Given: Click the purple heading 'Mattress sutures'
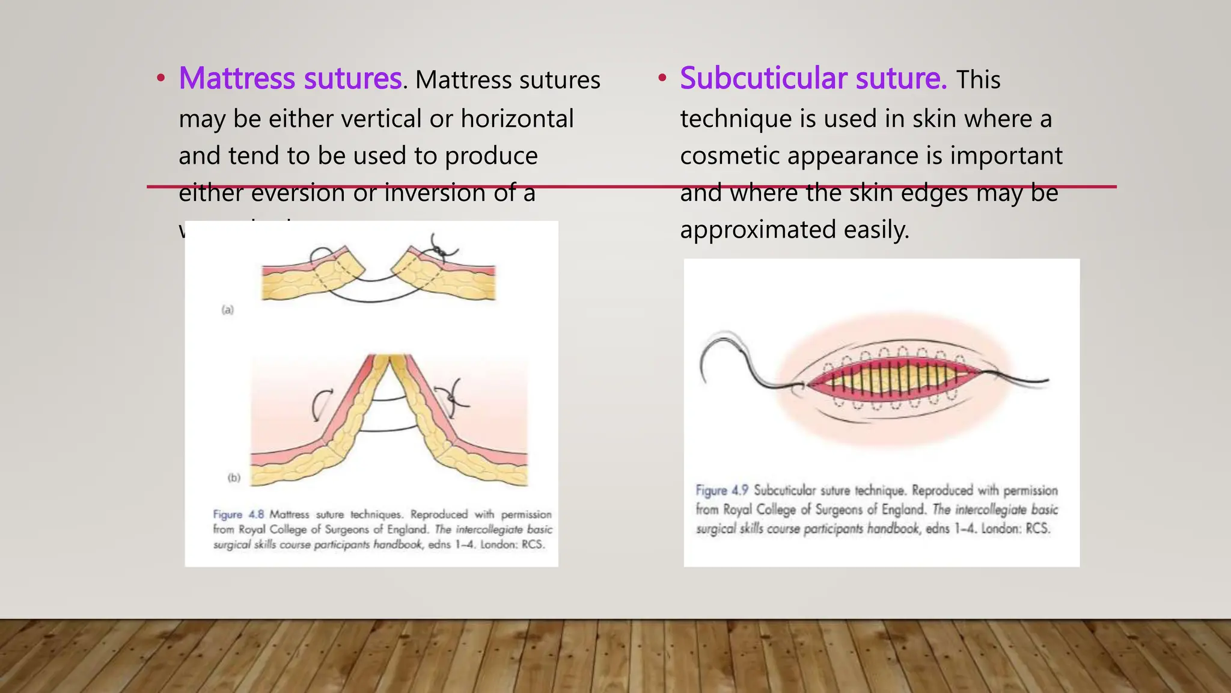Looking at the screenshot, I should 290,79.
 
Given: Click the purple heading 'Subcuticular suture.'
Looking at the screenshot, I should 813,79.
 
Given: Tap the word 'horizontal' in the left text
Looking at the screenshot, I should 517,119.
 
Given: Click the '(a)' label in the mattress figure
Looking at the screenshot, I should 227,310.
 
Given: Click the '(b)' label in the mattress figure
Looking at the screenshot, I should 234,478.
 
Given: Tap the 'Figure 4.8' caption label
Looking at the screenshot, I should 238,514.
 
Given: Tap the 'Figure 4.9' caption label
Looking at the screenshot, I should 721,490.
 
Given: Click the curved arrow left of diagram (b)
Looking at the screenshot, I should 320,403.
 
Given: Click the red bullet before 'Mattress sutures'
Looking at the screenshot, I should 160,78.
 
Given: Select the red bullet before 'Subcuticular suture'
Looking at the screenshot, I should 662,78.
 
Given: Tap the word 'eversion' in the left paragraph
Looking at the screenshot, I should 299,194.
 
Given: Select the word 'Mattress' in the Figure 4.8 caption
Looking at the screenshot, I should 289,514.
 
